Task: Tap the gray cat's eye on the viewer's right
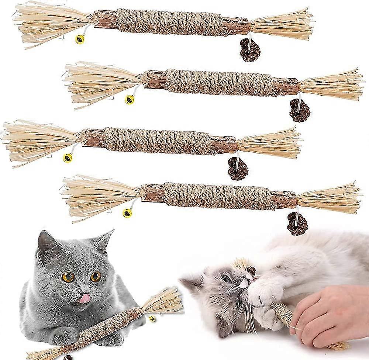click(96, 276)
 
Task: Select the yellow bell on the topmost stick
click(80, 39)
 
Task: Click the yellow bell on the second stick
click(130, 99)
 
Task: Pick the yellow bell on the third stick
click(68, 157)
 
